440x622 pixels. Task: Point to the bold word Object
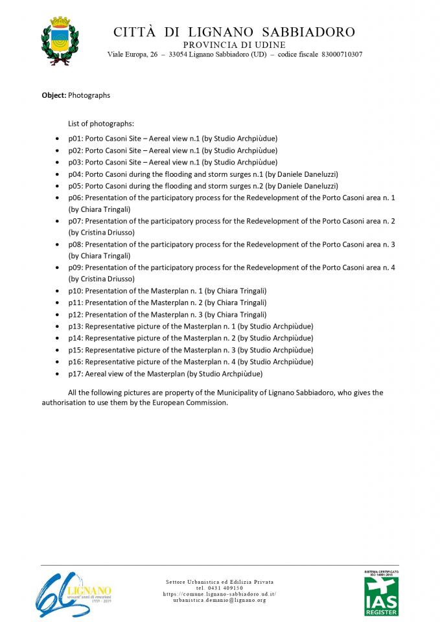[54, 95]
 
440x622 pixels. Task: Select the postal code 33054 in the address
[178, 54]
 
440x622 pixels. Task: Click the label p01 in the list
[75, 139]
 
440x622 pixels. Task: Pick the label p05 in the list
[75, 185]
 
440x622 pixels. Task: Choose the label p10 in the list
[75, 290]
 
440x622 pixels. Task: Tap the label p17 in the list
[75, 373]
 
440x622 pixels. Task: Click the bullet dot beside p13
[59, 326]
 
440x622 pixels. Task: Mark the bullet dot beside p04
[59, 174]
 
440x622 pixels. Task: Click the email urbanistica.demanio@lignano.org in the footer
[220, 601]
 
